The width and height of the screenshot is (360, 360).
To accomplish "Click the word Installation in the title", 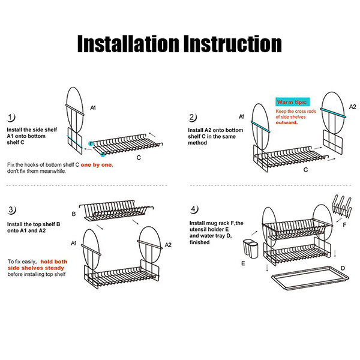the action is (x=128, y=44).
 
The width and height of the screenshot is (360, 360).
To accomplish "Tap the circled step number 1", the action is (x=11, y=118).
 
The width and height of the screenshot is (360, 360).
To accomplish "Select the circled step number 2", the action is (x=192, y=118).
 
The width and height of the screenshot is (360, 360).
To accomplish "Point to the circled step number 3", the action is (x=11, y=210).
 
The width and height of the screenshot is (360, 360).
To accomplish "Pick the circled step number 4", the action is (x=194, y=209).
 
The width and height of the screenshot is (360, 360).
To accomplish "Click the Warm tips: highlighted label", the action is (x=292, y=102).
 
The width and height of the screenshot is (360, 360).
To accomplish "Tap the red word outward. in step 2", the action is (x=287, y=122).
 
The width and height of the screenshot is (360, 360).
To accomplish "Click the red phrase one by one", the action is (x=97, y=165).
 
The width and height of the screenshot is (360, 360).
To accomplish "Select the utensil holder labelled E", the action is (x=250, y=249).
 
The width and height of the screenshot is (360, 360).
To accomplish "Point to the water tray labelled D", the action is (x=310, y=278).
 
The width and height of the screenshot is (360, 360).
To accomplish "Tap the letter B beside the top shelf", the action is (x=74, y=214).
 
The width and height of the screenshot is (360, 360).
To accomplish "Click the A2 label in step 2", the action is (x=352, y=107).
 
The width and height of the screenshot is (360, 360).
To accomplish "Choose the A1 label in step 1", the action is (x=93, y=107).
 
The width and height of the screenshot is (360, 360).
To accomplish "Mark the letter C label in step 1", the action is (x=139, y=158).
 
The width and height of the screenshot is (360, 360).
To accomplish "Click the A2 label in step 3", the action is (x=168, y=245).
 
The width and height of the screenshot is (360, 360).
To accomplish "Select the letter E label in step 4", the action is (x=243, y=263).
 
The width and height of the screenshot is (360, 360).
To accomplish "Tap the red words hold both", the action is (x=54, y=262).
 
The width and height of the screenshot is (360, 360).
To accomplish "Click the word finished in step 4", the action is (x=200, y=242).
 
